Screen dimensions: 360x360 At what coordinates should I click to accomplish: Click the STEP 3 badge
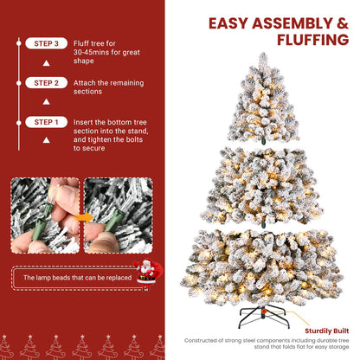pos(45,42)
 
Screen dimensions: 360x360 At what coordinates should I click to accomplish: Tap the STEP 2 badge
pos(45,83)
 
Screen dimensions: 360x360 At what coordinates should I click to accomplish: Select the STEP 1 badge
pos(45,123)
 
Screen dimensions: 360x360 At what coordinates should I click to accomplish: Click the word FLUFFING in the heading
pos(295,40)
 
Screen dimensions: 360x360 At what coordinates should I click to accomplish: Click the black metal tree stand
pos(260,308)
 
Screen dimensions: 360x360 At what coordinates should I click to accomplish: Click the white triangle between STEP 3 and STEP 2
pos(45,63)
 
